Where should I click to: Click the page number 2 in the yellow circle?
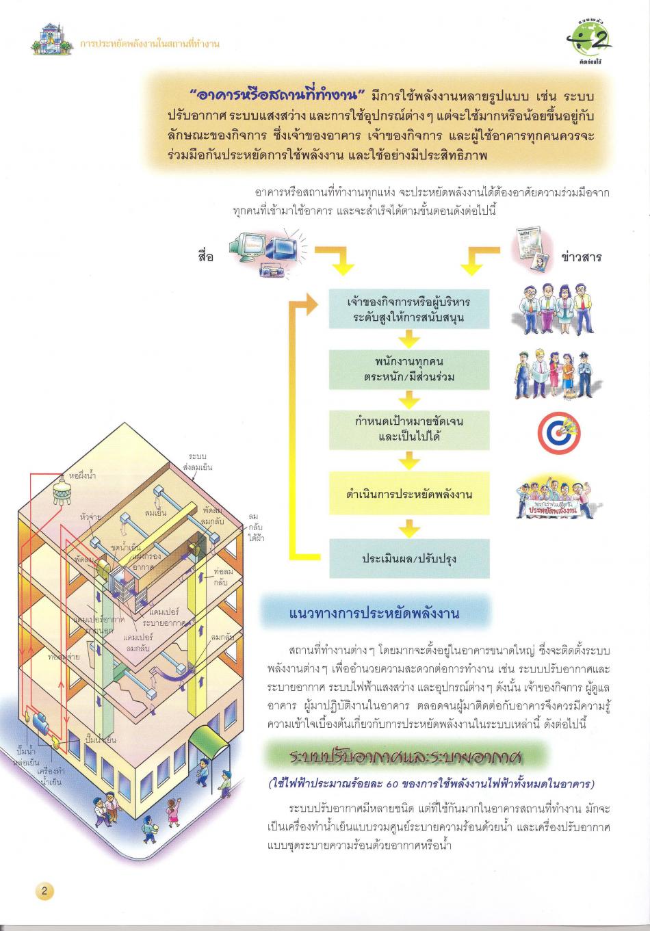point(44,891)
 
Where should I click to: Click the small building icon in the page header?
point(51,39)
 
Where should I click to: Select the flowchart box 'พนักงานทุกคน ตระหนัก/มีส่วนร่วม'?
point(409,369)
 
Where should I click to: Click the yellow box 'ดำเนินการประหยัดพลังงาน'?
point(409,493)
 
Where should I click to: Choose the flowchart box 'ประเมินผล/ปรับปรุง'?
point(409,558)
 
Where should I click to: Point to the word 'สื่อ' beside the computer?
point(205,256)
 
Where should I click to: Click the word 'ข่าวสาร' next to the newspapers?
point(580,257)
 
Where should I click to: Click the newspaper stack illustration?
point(534,248)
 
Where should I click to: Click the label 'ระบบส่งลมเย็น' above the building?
point(198,462)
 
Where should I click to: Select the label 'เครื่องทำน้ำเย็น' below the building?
point(51,775)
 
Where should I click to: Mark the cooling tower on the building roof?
point(62,492)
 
